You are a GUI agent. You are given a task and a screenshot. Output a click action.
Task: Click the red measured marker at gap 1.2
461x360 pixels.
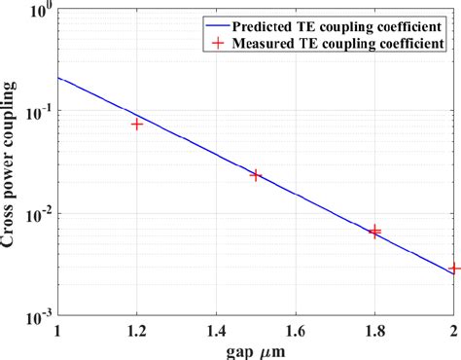(137, 125)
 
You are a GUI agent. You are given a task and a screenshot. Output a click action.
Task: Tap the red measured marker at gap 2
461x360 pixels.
(454, 268)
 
